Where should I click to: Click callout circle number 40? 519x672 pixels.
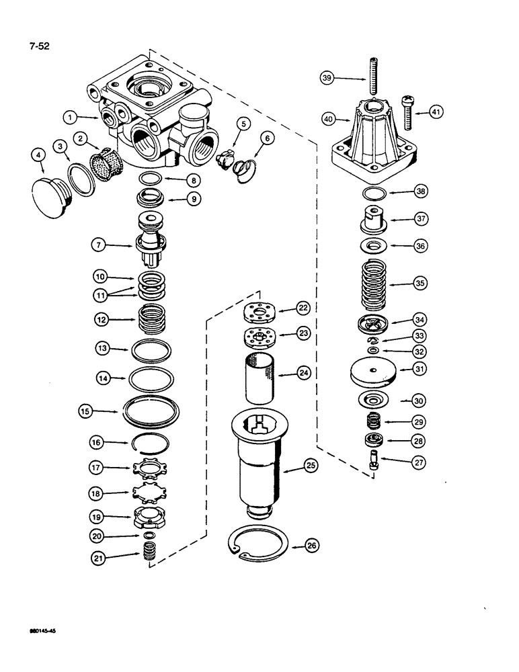click(x=328, y=119)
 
